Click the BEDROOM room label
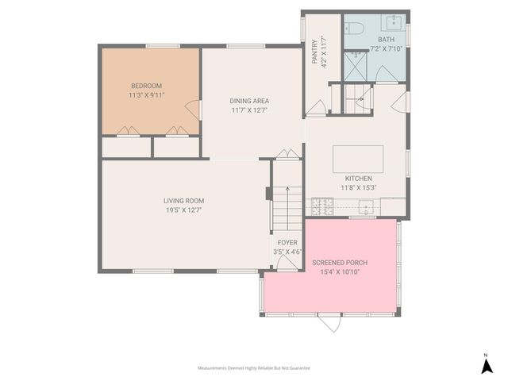click(x=146, y=86)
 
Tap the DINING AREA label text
click(x=249, y=101)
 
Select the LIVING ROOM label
click(x=184, y=201)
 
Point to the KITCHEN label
click(x=358, y=178)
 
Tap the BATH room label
click(x=386, y=39)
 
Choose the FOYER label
click(x=287, y=243)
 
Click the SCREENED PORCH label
click(x=340, y=262)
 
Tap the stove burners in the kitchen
click(x=323, y=207)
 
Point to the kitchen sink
click(x=367, y=207)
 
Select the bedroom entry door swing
click(x=191, y=110)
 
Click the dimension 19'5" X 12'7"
click(x=184, y=210)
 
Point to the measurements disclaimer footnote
click(x=253, y=368)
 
